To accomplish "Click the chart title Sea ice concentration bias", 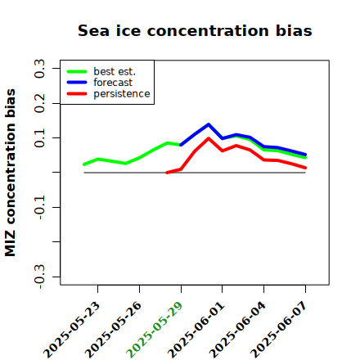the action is (195, 30).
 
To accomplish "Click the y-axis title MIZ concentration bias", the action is (11, 173).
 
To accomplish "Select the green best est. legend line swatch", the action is (77, 72).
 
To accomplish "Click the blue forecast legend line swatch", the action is (77, 83).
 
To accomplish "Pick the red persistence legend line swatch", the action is (77, 94).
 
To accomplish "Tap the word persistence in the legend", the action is (122, 94).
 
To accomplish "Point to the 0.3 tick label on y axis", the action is (39, 69).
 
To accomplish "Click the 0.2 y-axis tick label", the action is (39, 103).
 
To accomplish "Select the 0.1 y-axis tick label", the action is (39, 138).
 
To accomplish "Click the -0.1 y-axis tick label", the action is (39, 207).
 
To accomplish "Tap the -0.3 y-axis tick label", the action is (39, 277).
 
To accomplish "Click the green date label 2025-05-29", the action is (155, 330).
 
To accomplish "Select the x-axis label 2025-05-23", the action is (71, 330).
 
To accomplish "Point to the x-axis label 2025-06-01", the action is (196, 330).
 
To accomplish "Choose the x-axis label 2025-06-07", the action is (279, 330).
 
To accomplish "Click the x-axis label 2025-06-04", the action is (237, 330).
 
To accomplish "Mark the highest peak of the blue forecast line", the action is (209, 124).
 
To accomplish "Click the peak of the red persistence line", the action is (209, 138).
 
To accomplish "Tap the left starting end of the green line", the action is (84, 164).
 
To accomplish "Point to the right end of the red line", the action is (305, 168).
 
